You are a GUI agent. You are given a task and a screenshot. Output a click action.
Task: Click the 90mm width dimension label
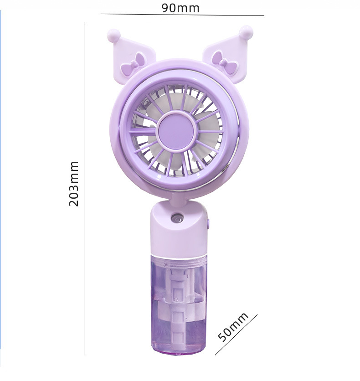pos(180,8)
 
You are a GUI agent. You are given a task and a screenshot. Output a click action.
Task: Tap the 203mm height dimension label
pos(74,184)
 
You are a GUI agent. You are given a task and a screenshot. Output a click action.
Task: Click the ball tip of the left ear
pos(113,36)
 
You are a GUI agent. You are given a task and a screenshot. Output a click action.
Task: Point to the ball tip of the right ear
pos(246,32)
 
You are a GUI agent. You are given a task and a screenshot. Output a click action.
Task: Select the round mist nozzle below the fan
pos(177,218)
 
